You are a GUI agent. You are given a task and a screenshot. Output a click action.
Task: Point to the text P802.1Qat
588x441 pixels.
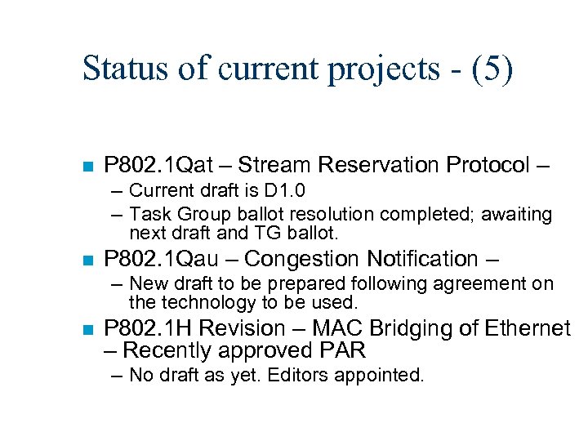coord(156,165)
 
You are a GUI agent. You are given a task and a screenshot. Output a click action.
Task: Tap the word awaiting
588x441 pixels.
coord(517,214)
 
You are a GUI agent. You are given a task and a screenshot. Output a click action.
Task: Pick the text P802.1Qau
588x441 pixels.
coord(158,259)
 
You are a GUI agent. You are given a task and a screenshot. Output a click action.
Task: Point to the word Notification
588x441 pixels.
coord(422,259)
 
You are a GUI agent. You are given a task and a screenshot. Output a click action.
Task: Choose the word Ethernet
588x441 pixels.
coord(527,328)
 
